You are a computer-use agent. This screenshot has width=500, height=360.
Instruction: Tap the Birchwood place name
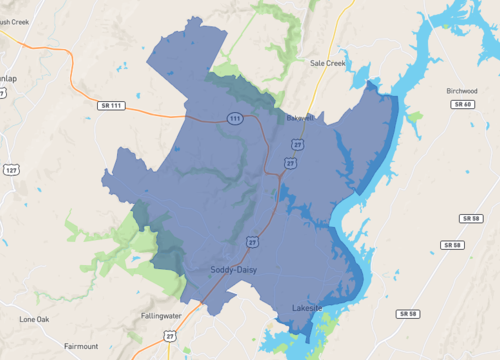coord(461,90)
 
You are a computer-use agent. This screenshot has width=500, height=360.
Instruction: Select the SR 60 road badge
coord(461,104)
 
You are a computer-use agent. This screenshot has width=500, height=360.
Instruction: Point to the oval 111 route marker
coord(235,118)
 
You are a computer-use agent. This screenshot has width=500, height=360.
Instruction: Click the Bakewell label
coord(300,117)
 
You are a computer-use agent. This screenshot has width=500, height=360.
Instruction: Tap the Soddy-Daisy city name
coord(237,270)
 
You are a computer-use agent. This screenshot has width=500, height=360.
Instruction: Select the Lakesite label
coord(307,307)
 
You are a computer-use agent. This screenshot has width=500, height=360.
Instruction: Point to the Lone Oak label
coord(34,319)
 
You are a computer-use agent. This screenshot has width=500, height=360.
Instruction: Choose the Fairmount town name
coord(81,346)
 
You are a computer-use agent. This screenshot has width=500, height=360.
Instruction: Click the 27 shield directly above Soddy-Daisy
coord(253,242)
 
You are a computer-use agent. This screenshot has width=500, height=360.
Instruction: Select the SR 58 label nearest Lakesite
coord(407,314)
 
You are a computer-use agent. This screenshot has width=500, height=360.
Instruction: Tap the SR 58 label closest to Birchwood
coord(471,218)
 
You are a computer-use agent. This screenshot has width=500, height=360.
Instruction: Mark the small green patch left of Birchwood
coord(414,116)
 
